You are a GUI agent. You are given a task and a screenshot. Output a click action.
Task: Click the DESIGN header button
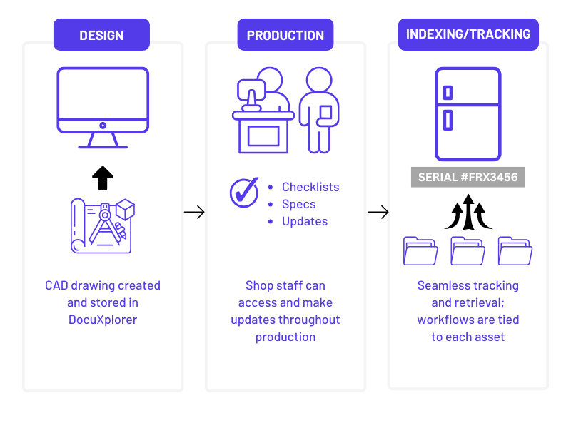(x=101, y=35)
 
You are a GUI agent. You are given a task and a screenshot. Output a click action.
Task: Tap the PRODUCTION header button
(x=285, y=35)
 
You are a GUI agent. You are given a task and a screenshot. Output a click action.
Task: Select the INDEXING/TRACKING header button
(x=468, y=34)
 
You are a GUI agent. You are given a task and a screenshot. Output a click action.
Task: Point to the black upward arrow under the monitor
(x=103, y=178)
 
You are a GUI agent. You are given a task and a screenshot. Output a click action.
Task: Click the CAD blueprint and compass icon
(x=103, y=225)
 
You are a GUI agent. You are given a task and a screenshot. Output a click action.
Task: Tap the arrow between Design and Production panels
(x=194, y=212)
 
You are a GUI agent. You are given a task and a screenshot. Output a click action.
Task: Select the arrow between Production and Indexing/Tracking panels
(x=378, y=212)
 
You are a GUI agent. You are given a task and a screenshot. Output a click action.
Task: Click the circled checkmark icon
(x=244, y=192)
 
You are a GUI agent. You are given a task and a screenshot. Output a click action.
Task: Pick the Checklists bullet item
(x=310, y=187)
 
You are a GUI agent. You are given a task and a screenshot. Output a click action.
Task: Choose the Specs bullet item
(x=298, y=204)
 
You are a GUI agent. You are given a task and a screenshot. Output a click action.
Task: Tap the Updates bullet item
(x=305, y=221)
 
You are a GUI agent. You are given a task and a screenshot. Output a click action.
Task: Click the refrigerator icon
(x=468, y=114)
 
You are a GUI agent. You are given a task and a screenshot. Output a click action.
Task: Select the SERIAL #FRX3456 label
(x=468, y=178)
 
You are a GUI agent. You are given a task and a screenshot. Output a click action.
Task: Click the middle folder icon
(x=468, y=250)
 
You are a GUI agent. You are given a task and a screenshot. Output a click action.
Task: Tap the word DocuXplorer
(x=103, y=320)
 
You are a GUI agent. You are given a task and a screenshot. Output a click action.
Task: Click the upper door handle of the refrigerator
(x=448, y=93)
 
